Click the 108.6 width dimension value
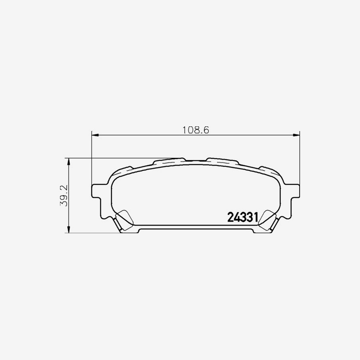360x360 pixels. [196, 130]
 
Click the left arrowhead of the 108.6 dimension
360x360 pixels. [94, 135]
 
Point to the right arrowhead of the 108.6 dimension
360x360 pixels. [297, 135]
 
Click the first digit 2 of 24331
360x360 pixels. [230, 217]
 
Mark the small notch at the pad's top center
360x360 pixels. [196, 160]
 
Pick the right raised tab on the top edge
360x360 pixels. [222, 161]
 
